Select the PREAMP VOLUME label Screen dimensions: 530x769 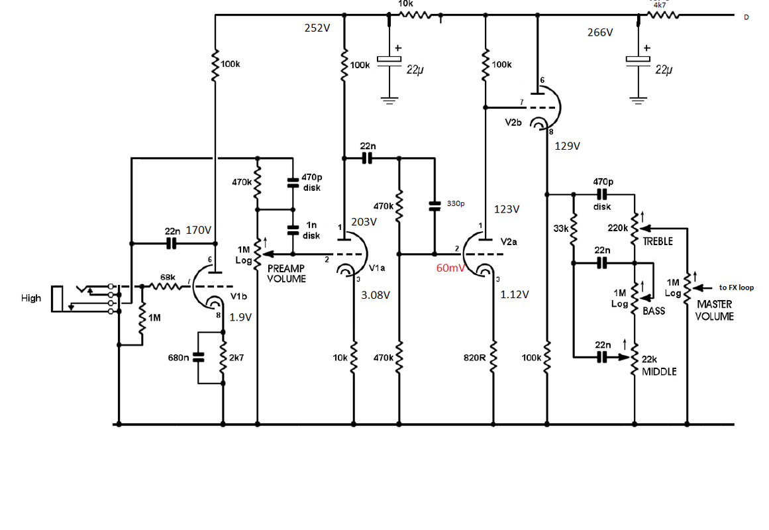[x=287, y=274]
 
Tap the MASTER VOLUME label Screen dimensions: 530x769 [x=714, y=310]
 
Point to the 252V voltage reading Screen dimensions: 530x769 [x=317, y=28]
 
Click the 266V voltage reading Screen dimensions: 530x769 [x=600, y=32]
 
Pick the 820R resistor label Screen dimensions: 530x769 [x=475, y=358]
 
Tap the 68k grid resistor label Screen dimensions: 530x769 [x=168, y=277]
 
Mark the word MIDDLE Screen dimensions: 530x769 [x=659, y=372]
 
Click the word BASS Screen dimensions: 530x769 [x=654, y=310]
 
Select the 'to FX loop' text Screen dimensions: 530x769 [x=736, y=288]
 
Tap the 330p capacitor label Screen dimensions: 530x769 [x=455, y=203]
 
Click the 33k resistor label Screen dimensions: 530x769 [x=560, y=229]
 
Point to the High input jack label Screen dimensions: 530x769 [x=31, y=298]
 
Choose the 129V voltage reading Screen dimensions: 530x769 [x=567, y=146]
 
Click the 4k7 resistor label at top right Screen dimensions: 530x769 [x=660, y=5]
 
